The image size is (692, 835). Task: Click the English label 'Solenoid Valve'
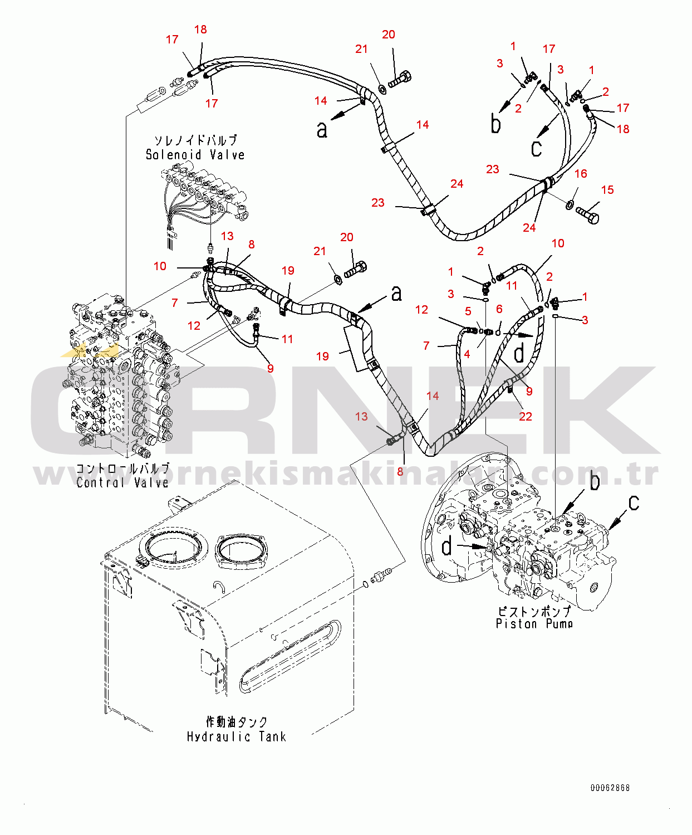(195, 155)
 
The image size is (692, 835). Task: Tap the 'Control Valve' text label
(122, 482)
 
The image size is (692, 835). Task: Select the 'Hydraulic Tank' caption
(236, 736)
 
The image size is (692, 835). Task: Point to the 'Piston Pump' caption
(534, 624)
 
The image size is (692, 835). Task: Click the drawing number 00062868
(610, 788)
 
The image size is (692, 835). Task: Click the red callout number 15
(607, 190)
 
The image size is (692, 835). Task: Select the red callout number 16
(581, 174)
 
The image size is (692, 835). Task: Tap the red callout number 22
(526, 416)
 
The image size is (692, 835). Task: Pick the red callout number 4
(467, 354)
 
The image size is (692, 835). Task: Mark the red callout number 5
(468, 311)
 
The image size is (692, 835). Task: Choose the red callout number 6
(499, 309)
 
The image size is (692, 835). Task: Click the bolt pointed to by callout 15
(587, 214)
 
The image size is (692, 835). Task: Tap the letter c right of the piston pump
(634, 502)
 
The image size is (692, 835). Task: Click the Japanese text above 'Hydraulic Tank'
(237, 722)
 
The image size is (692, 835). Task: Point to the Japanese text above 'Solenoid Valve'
(196, 140)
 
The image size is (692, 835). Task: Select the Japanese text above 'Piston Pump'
(534, 611)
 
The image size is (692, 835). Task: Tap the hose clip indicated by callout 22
(510, 385)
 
